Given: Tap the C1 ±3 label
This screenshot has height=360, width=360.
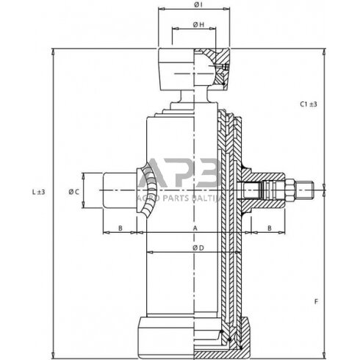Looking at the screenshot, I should pos(308,104).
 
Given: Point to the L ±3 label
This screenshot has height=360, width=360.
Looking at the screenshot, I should pos(39,192).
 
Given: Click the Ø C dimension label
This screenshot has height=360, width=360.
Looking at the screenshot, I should pos(73,192).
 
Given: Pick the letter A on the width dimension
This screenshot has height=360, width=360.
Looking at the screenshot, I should pos(195,229).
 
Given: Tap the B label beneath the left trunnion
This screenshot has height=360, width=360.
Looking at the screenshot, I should pos(120,229).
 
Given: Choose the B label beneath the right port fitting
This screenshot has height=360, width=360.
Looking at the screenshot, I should pos(270,229).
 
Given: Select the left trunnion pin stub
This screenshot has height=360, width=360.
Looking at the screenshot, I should pos(118,191).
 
